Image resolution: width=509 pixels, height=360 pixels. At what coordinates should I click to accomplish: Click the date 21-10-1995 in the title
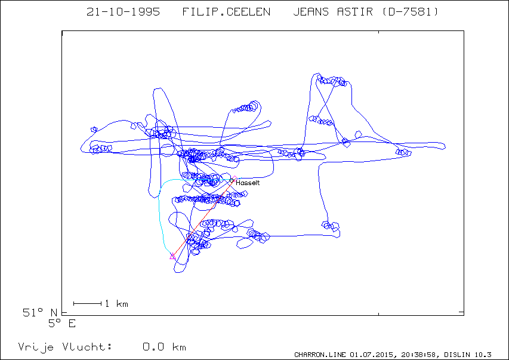pos(123,12)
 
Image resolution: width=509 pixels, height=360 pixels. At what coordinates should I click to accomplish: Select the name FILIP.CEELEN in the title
pos(226,12)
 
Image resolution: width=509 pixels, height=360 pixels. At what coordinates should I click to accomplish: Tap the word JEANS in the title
pos(311,12)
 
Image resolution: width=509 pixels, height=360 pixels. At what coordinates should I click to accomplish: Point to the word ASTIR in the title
pos(355,12)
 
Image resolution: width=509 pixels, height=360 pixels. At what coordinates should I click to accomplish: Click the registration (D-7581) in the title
pos(410,12)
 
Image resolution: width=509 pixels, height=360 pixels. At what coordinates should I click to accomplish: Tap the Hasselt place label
pos(248,183)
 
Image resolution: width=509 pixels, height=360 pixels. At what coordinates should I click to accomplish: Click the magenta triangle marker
pos(172,256)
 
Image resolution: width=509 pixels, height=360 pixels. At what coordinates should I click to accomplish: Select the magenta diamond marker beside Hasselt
pos(235,178)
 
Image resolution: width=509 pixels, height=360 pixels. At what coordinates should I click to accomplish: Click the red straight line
pos(203,217)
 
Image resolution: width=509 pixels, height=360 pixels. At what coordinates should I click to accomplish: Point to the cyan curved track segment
pos(159,208)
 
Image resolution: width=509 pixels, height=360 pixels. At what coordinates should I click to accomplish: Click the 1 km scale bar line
pos(88,303)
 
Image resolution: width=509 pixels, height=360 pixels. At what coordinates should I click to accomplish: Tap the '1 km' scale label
pos(117,304)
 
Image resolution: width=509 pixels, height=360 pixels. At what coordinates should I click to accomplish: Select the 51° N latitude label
pos(40,313)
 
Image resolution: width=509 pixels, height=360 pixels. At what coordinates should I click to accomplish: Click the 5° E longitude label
pos(62,324)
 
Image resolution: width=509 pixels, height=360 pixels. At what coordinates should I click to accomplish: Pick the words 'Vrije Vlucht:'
pos(65,347)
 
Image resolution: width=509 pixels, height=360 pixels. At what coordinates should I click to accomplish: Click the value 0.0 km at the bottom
pos(164,347)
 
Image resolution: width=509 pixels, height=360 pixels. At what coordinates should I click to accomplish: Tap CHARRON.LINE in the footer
pos(320,355)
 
